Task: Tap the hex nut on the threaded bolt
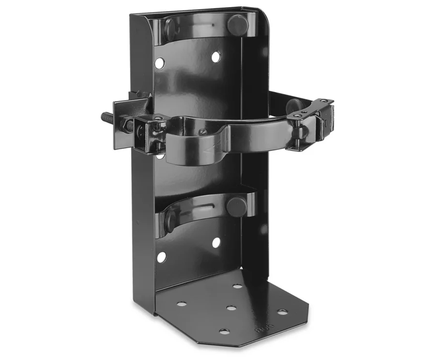click(126, 126)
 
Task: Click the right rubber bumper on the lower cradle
click(236, 206)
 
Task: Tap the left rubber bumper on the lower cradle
click(170, 219)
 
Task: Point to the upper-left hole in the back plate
click(159, 62)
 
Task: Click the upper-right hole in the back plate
click(215, 57)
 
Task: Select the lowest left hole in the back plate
click(161, 257)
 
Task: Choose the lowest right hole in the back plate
click(216, 242)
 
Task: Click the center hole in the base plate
click(231, 308)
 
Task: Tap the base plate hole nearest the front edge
click(224, 331)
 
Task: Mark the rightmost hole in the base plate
click(282, 311)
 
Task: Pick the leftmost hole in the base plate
click(181, 304)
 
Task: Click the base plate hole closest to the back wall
click(237, 286)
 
